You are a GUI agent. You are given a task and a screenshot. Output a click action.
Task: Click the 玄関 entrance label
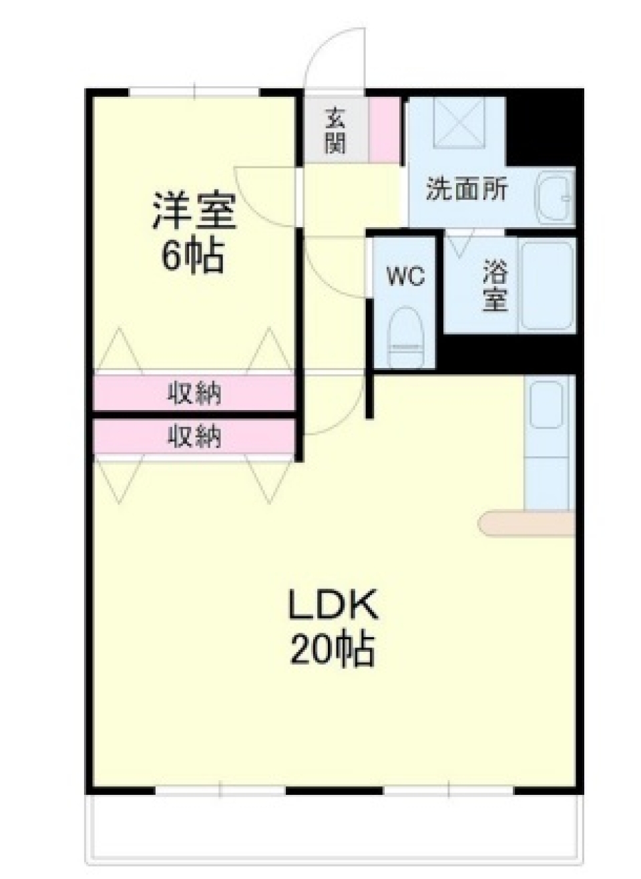pyautogui.click(x=335, y=131)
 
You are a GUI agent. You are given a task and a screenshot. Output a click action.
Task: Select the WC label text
pyautogui.click(x=406, y=275)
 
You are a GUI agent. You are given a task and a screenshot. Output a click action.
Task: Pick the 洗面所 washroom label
pyautogui.click(x=467, y=190)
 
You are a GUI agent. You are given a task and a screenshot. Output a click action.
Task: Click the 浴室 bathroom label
pyautogui.click(x=495, y=287)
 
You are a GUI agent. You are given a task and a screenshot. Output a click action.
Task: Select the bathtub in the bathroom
pyautogui.click(x=546, y=286)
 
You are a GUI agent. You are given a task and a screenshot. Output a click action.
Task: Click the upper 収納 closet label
pyautogui.click(x=194, y=393)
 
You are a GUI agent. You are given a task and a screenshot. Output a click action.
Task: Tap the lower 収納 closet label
pyautogui.click(x=194, y=437)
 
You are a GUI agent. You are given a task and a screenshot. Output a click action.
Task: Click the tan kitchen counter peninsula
pyautogui.click(x=527, y=524)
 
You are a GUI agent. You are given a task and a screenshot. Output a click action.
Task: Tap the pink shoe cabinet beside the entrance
pyautogui.click(x=384, y=130)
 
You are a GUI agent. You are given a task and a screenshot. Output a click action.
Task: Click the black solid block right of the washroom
pyautogui.click(x=544, y=127)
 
